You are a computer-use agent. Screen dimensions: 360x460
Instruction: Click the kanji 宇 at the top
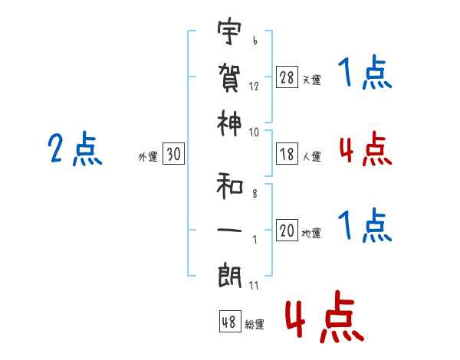tap(229, 33)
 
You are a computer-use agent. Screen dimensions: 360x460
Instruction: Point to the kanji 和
tap(229, 185)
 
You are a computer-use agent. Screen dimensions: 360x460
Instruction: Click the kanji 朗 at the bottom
tap(229, 273)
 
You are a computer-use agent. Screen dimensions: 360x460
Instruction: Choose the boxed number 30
tap(173, 155)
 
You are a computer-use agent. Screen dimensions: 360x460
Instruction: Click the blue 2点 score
tap(75, 150)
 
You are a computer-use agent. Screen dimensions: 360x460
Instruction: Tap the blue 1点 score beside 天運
tap(365, 74)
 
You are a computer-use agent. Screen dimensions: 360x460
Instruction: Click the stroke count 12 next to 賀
tap(254, 87)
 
